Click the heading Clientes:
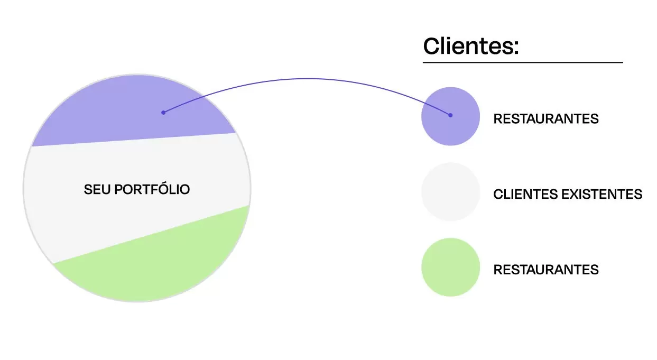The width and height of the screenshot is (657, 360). (x=471, y=46)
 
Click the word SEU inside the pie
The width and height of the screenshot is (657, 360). (x=95, y=189)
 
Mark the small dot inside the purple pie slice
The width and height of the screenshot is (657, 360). (x=163, y=112)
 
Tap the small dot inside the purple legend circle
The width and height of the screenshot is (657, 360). (x=450, y=115)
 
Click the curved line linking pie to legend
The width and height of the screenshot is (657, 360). (x=307, y=79)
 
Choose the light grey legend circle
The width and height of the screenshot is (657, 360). (x=450, y=192)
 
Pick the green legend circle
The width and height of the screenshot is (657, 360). (x=450, y=267)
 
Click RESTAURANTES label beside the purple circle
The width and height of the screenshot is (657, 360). (x=545, y=119)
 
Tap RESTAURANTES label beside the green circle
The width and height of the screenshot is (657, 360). (x=545, y=270)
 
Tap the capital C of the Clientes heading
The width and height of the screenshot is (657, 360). (x=432, y=47)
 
